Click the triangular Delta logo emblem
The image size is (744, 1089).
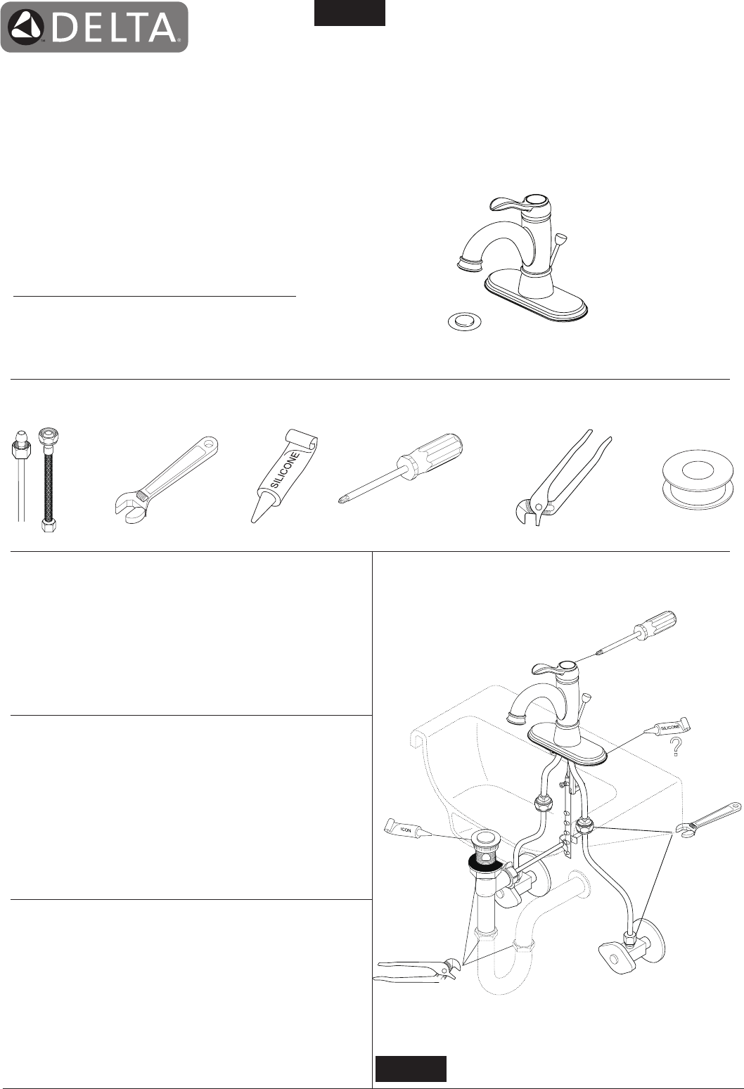coord(26,27)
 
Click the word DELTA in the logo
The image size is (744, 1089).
coord(115,27)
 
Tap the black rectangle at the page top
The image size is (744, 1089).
coord(349,13)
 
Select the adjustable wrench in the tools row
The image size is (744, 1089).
coord(166,480)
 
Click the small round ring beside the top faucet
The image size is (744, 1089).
coord(466,322)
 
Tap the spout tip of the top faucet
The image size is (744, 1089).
coord(470,265)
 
